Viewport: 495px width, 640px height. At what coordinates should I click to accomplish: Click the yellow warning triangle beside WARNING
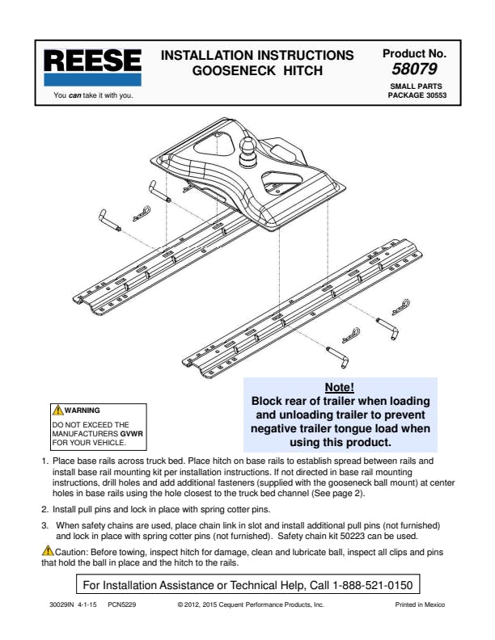tap(57, 411)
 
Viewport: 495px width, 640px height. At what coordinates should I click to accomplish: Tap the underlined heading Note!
tap(339, 387)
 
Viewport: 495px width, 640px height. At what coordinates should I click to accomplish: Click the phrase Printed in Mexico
tap(419, 604)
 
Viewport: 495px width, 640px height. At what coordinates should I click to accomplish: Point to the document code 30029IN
tap(63, 604)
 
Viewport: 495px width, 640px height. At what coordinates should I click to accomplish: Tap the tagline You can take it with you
tap(92, 95)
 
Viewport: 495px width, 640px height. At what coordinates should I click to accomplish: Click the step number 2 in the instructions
tap(44, 510)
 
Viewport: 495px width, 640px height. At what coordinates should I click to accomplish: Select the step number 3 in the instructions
tap(44, 525)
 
